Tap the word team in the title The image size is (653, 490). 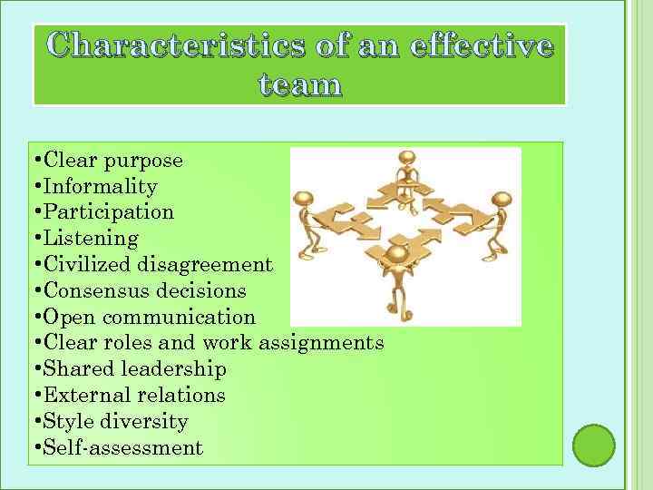[300, 85]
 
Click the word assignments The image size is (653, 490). [321, 343]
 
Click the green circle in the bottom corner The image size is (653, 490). [594, 445]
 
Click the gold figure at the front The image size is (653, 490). [397, 272]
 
